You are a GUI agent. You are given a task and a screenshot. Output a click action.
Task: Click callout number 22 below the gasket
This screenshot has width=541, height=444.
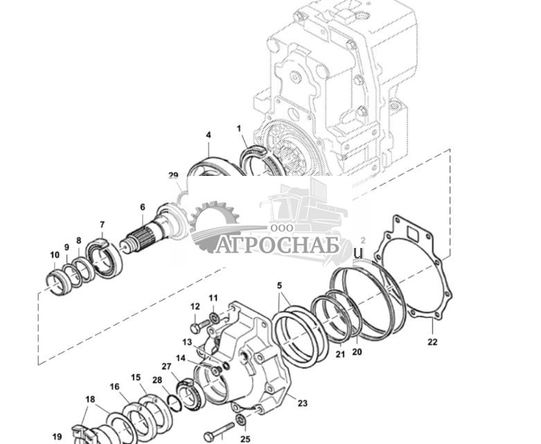pos(432,342)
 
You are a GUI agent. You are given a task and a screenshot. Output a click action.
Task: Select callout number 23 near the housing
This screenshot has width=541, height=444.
pos(302,403)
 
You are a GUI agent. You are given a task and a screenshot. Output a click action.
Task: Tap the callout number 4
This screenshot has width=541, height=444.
pos(208,135)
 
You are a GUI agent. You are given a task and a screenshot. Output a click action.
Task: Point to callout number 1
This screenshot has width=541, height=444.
pos(239,129)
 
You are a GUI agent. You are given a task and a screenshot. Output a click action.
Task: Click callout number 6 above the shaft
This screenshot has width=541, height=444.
pos(142,207)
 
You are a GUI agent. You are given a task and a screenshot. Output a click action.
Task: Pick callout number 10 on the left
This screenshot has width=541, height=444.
pos(55,255)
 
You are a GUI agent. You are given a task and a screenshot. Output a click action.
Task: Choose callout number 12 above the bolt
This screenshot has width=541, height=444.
pos(195,306)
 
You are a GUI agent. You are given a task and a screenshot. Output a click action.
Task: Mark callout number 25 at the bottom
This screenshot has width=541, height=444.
pos(245,438)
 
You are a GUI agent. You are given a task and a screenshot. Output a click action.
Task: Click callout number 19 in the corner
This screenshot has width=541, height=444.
pos(57,436)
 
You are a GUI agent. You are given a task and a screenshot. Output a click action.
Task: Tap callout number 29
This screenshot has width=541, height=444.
pos(173,176)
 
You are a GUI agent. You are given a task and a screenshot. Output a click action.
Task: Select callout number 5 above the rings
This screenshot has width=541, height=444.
pos(279,285)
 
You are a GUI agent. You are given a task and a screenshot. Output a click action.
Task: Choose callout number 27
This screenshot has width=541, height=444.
pos(166,366)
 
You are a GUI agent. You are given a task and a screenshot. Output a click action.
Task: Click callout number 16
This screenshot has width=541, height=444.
pos(114,387)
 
